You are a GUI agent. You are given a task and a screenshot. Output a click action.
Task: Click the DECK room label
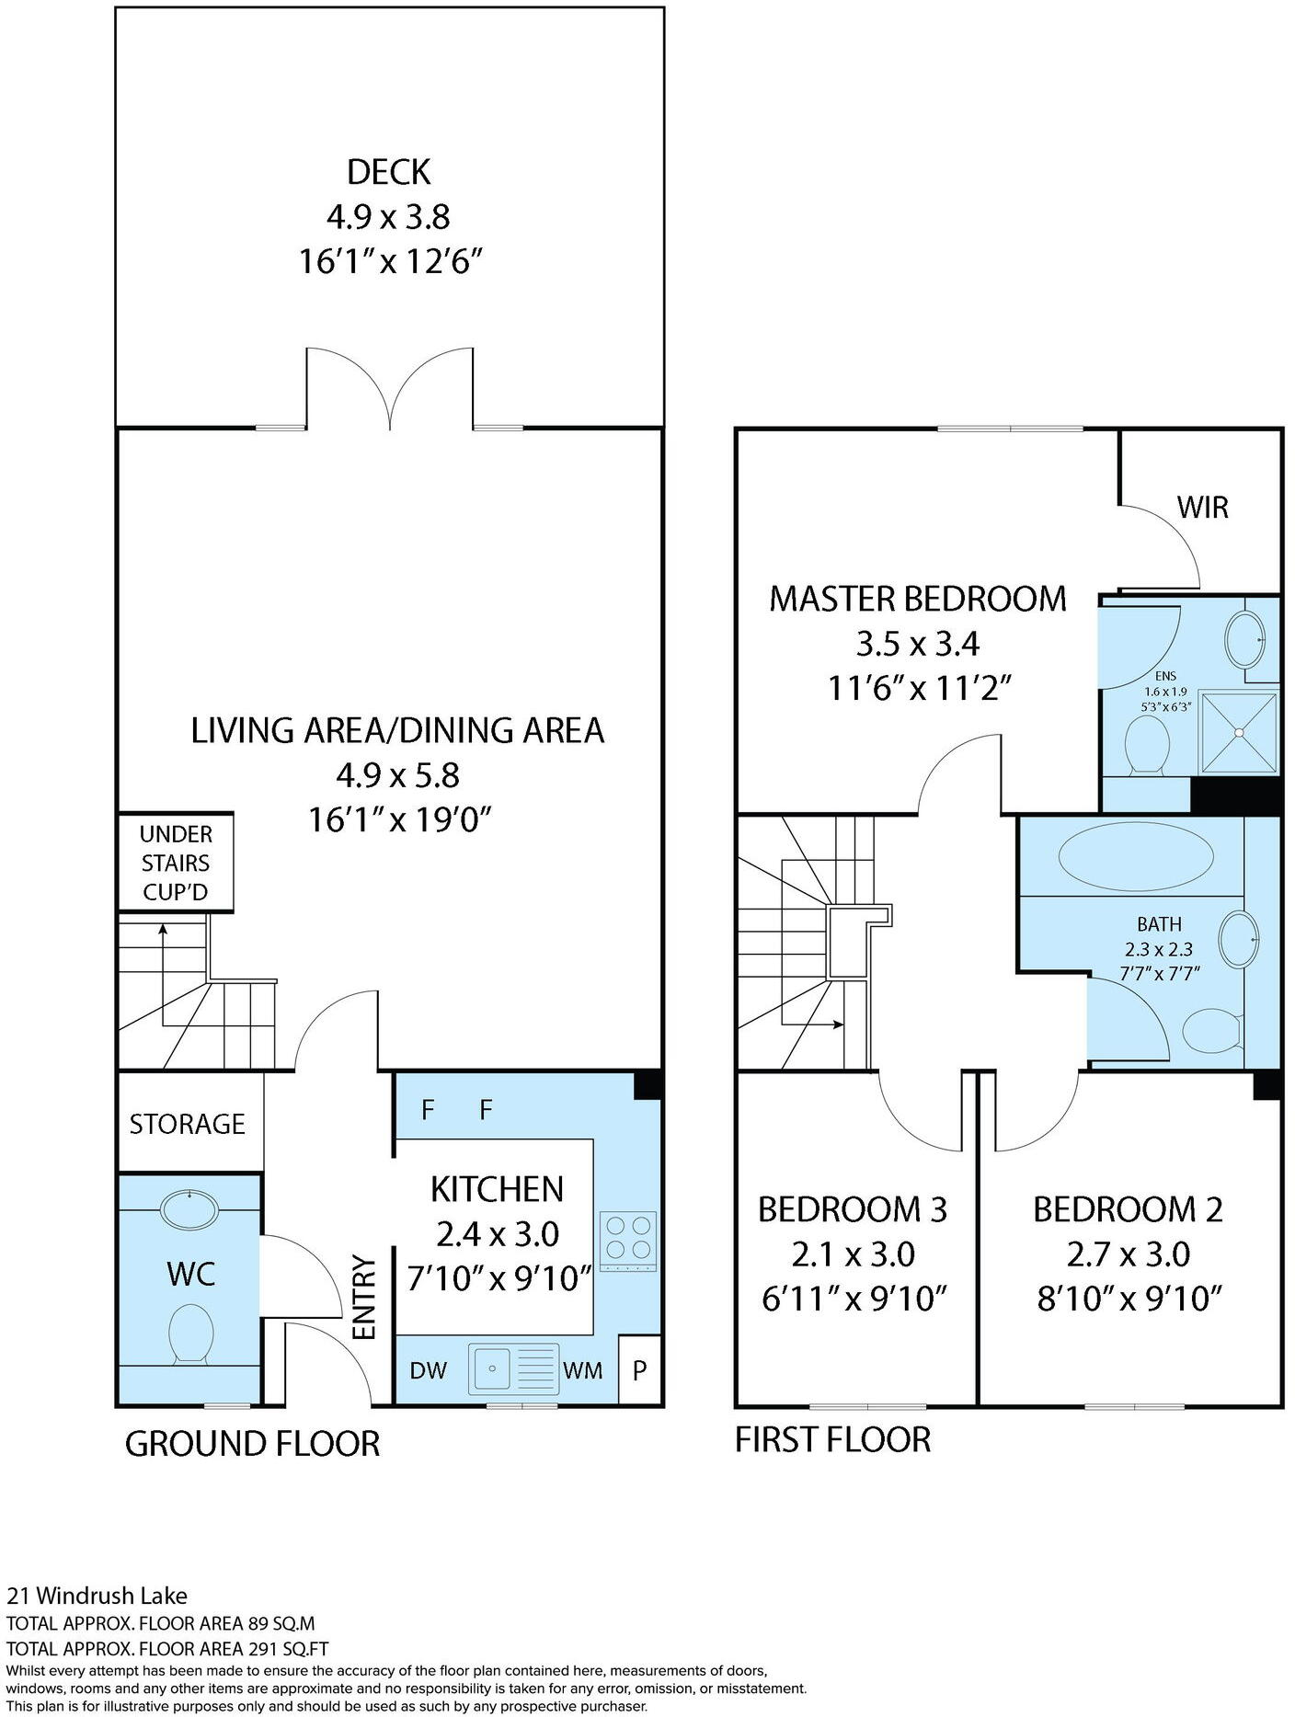[x=388, y=172]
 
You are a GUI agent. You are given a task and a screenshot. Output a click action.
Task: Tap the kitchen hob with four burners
[x=628, y=1242]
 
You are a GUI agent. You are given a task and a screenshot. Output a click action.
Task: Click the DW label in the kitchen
[x=428, y=1371]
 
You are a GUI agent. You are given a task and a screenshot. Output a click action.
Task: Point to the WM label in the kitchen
[x=583, y=1371]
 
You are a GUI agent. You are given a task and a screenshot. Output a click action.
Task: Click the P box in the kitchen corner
[x=640, y=1371]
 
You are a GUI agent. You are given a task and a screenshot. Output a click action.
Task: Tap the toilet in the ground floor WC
[x=191, y=1335]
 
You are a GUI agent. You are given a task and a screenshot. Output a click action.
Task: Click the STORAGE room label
[x=188, y=1124]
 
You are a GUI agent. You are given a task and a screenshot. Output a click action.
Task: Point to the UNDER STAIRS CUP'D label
[x=175, y=863]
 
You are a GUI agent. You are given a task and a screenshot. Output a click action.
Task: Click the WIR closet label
[x=1202, y=507]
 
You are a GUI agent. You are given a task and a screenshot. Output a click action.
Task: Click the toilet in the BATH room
[x=1211, y=1032]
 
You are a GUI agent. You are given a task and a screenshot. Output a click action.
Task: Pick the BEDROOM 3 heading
[x=852, y=1209]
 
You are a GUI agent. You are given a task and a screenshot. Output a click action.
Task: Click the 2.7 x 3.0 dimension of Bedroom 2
[x=1129, y=1254]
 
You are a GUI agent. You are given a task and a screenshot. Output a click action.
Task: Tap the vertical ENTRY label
[x=365, y=1298]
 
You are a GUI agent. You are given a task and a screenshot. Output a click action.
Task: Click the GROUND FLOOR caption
[x=252, y=1444]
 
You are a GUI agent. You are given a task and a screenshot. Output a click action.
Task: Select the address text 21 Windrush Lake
[x=97, y=1596]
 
